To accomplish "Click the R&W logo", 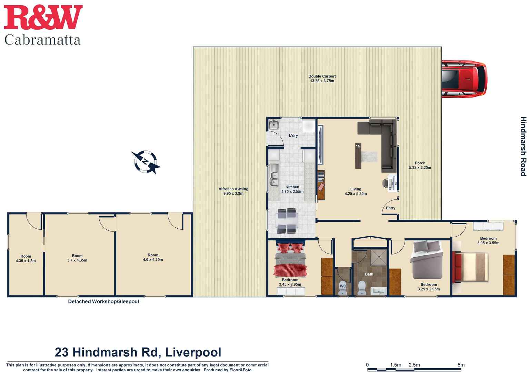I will pos(43,17).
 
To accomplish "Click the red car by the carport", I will pos(464,79).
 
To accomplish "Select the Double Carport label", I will pos(322,76).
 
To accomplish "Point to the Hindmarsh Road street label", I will pos(523,146).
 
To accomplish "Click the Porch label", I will pos(420,163).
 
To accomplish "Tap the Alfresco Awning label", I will pos(233,189).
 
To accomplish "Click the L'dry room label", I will pos(293,136).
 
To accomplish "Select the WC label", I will pos(343,286).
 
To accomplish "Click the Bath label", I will pos(369,274).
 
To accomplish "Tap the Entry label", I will pos(390,208).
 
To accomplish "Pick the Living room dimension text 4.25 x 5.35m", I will pos(356,194).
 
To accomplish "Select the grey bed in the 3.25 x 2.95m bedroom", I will pos(426,260).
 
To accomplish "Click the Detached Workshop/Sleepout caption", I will pos(103,302).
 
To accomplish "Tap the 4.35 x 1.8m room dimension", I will pos(26,261).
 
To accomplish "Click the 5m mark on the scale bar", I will pos(461,365).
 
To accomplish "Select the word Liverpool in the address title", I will pos(193,352).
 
